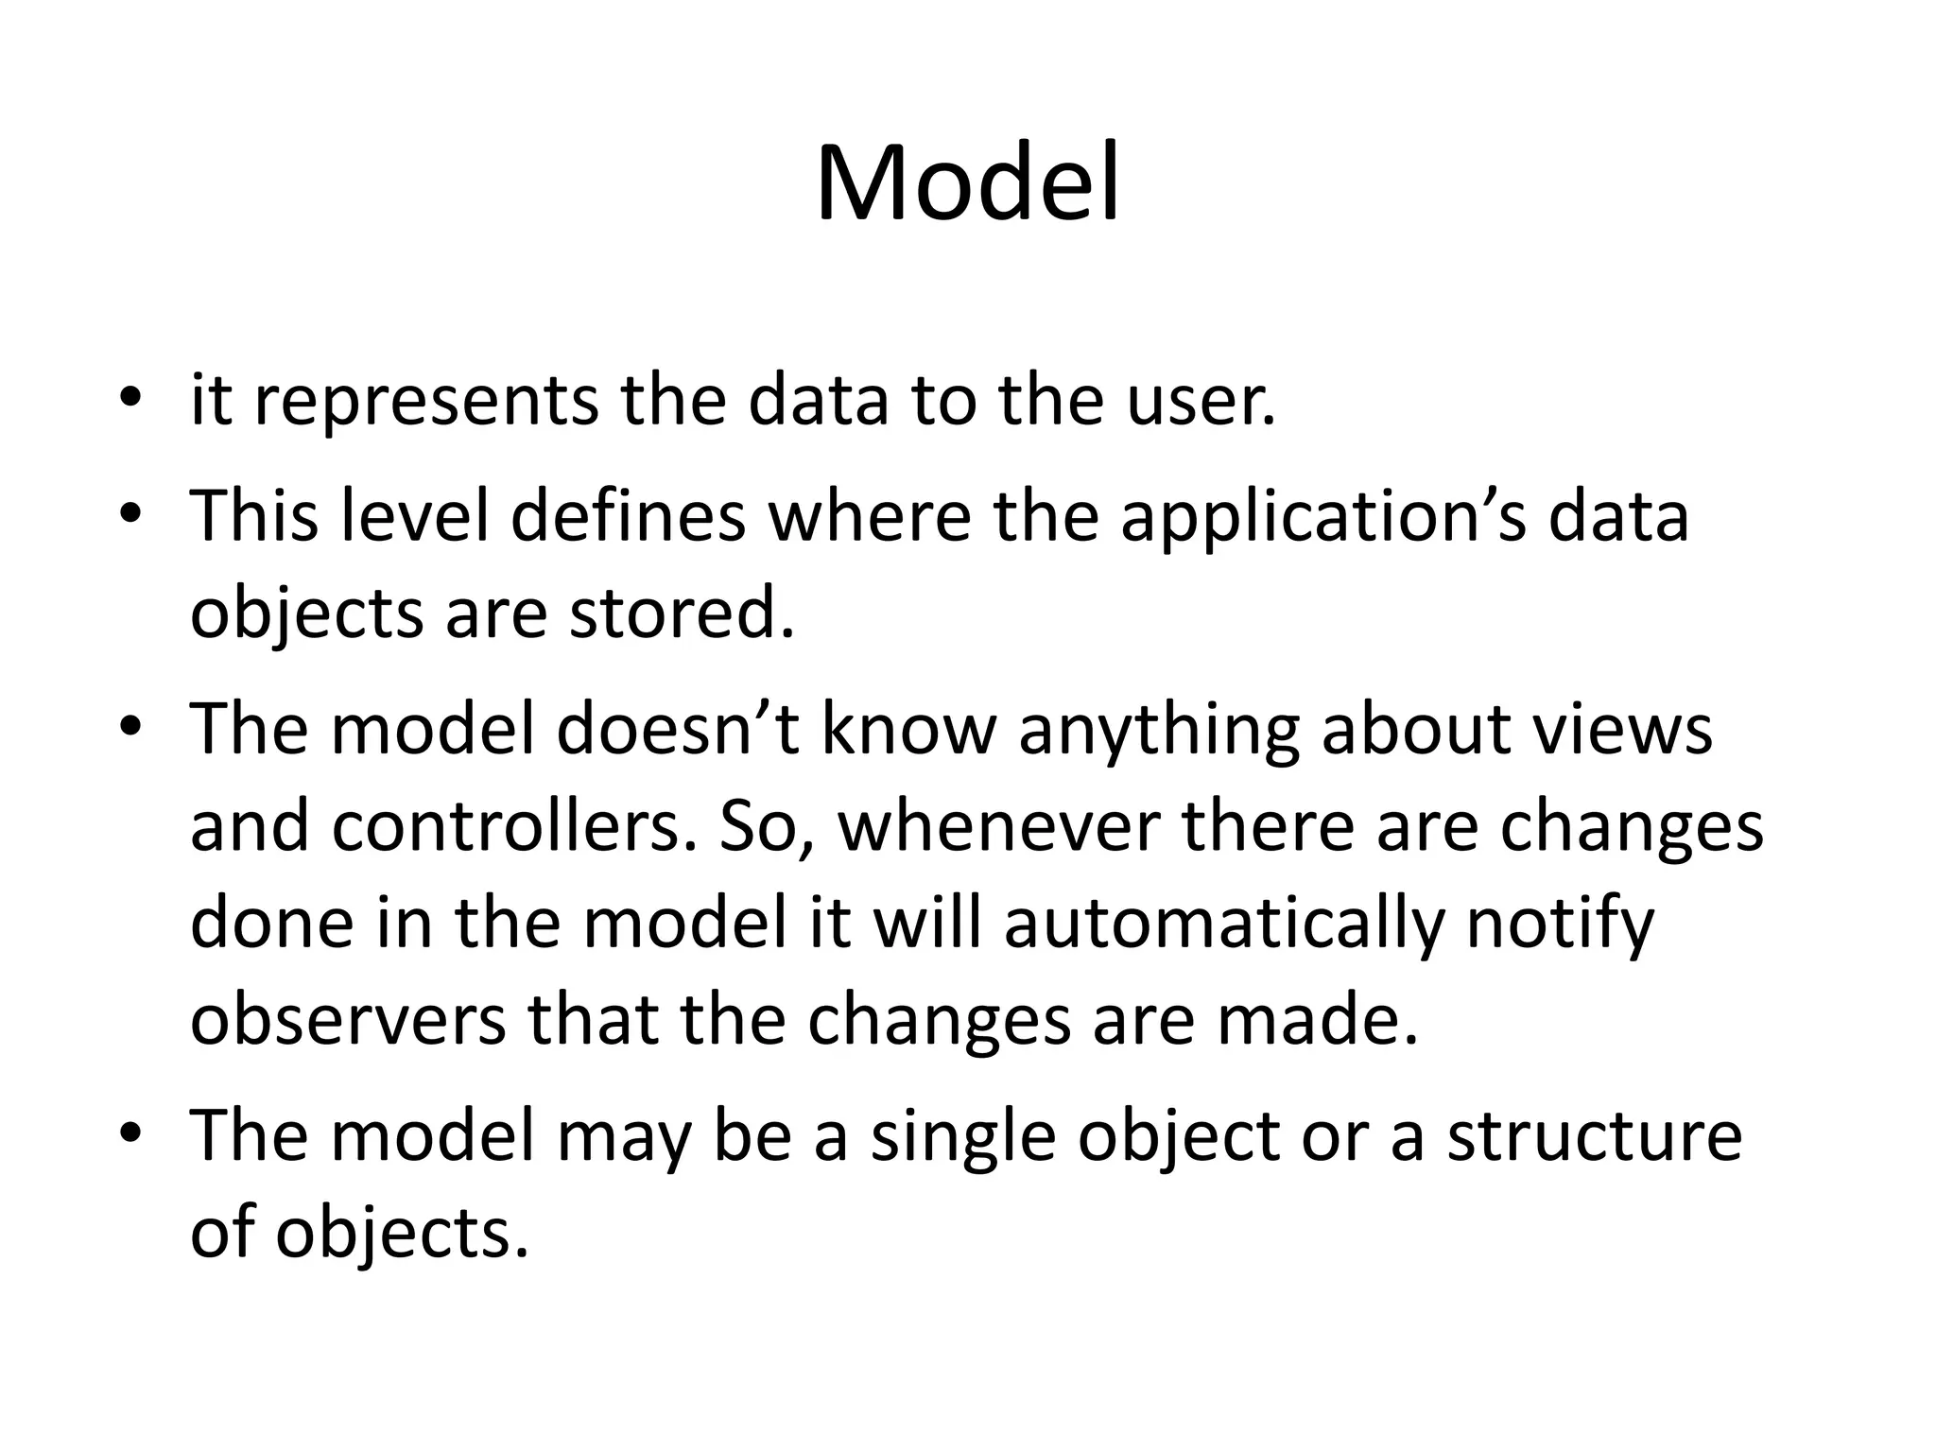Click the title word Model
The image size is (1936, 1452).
[x=967, y=183]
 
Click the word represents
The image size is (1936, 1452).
[x=426, y=401]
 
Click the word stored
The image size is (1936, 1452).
[x=681, y=614]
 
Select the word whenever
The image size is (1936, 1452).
[x=998, y=827]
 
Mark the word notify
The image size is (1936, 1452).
[x=1560, y=925]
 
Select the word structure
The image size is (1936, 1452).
[x=1595, y=1137]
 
